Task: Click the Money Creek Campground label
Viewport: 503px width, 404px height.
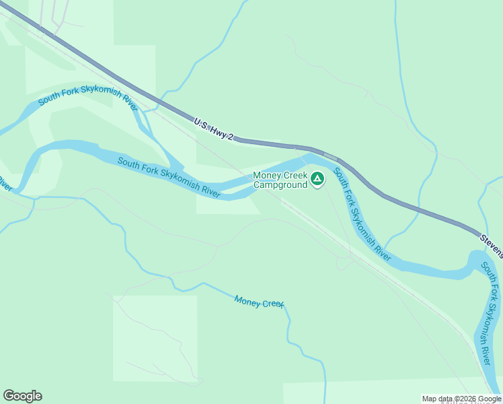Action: pyautogui.click(x=280, y=180)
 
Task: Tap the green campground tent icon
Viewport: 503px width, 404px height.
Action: pyautogui.click(x=317, y=178)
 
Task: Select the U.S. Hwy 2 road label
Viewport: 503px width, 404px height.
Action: pyautogui.click(x=213, y=130)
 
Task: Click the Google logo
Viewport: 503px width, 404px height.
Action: pyautogui.click(x=22, y=396)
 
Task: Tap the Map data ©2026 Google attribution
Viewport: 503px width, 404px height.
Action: pyautogui.click(x=461, y=399)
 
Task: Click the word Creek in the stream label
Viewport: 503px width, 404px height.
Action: pyautogui.click(x=272, y=304)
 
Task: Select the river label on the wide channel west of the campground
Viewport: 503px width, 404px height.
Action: pyautogui.click(x=168, y=177)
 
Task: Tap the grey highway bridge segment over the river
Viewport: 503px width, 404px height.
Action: pyautogui.click(x=329, y=156)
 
